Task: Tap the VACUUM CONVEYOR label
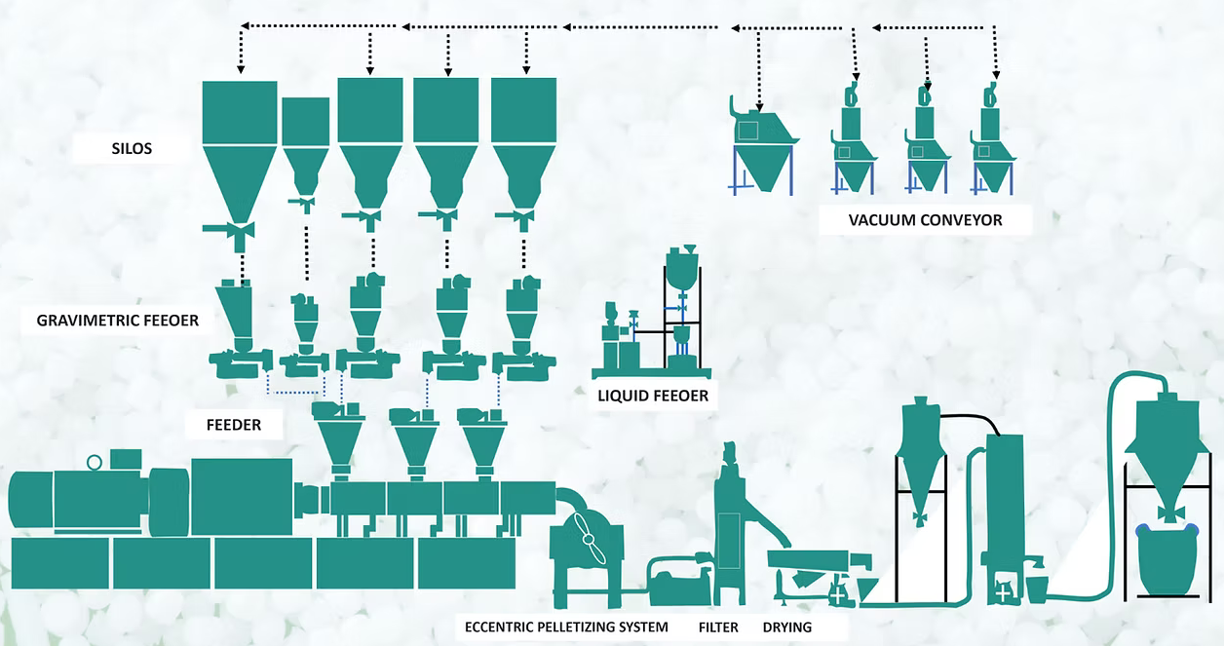pos(925,220)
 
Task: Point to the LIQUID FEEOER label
pos(653,396)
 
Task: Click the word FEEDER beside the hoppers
pos(233,425)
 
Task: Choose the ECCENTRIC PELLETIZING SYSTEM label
pos(567,627)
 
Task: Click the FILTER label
pos(718,627)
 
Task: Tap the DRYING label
pos(786,627)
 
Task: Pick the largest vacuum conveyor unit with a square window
pos(762,146)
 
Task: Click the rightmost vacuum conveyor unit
pos(993,146)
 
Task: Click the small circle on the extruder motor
pos(95,462)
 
